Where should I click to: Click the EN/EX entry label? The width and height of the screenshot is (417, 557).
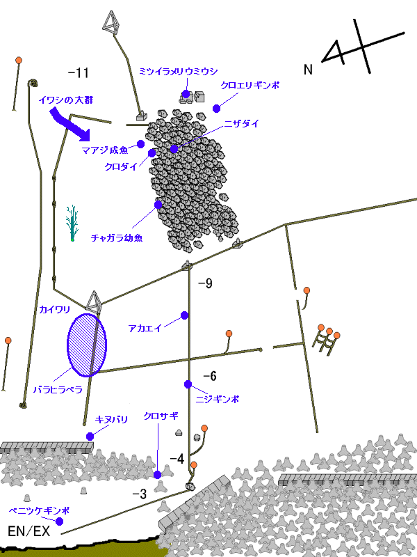[x=28, y=531]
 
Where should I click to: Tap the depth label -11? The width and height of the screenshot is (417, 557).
[x=78, y=73]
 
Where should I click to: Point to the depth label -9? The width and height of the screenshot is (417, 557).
[x=205, y=283]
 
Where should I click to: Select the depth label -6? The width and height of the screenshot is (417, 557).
[x=210, y=376]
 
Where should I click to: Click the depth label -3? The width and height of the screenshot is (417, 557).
[x=140, y=494]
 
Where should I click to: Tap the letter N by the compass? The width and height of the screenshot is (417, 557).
[x=308, y=69]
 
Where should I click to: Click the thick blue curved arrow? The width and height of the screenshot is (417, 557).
[x=70, y=125]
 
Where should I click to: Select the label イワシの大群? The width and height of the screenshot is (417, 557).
[x=65, y=100]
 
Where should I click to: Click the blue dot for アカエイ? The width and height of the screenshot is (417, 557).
[x=184, y=315]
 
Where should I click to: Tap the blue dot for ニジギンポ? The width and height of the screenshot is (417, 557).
[x=188, y=384]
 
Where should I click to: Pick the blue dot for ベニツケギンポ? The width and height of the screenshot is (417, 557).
[x=59, y=521]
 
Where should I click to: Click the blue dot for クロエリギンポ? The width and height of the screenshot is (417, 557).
[x=216, y=109]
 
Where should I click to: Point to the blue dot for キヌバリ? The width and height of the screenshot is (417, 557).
[x=90, y=437]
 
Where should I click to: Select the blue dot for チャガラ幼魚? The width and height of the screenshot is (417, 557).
[x=158, y=205]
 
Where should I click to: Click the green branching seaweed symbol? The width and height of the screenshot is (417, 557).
[x=72, y=223]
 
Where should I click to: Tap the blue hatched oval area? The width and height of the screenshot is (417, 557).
[x=86, y=345]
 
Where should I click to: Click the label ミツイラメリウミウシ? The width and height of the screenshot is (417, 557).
[x=178, y=72]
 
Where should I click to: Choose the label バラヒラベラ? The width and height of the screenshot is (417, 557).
[x=58, y=390]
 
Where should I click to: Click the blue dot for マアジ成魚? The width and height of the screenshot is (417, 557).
[x=141, y=144]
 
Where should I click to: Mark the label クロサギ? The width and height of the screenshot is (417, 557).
[x=161, y=416]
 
